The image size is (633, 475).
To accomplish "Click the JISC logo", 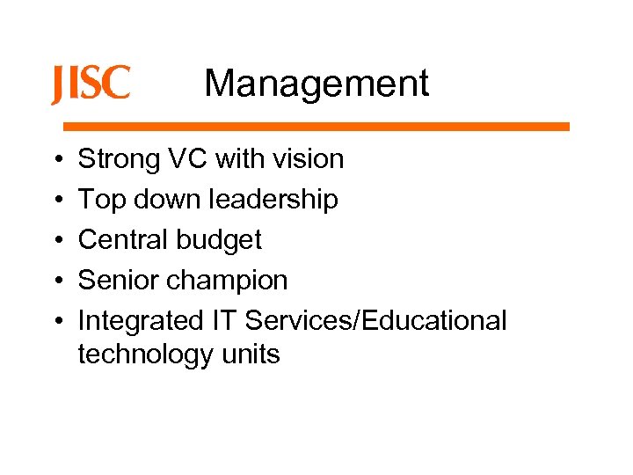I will (91, 84).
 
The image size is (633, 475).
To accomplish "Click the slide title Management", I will (316, 84).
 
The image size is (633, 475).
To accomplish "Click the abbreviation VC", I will (190, 159).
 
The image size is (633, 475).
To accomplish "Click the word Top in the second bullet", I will (99, 200).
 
